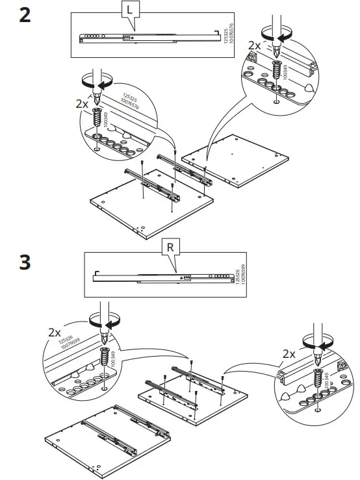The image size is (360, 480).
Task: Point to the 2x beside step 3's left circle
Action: (56, 331)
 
